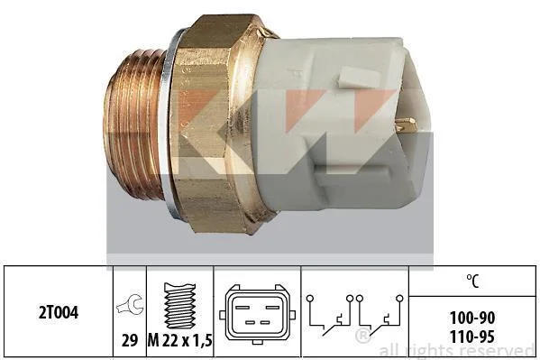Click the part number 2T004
59,313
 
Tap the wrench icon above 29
130,304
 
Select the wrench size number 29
130,341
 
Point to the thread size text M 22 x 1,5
179,341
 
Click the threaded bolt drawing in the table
179,306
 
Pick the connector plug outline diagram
257,314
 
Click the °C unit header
473,281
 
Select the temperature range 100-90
472,318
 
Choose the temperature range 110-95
472,337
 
